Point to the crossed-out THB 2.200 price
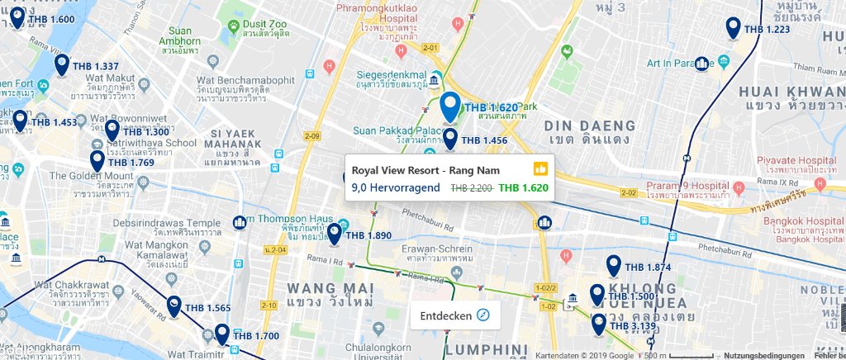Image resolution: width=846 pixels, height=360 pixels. click(471, 187)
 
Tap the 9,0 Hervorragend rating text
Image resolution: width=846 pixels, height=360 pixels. click(396, 187)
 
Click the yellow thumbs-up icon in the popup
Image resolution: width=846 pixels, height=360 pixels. click(541, 169)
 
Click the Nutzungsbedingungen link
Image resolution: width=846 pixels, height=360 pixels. click(764, 355)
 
